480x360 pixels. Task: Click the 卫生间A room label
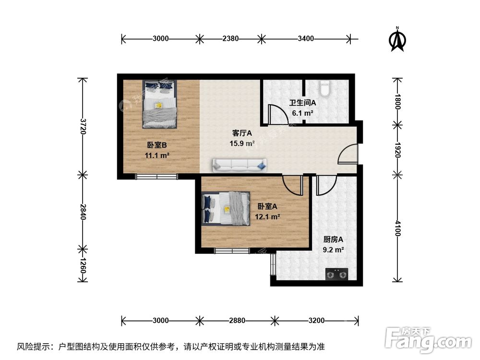302,102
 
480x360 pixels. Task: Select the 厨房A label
333,240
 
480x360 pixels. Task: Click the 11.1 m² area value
156,155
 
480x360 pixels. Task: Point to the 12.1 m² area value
267,216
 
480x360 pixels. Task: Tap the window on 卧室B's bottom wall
156,176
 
